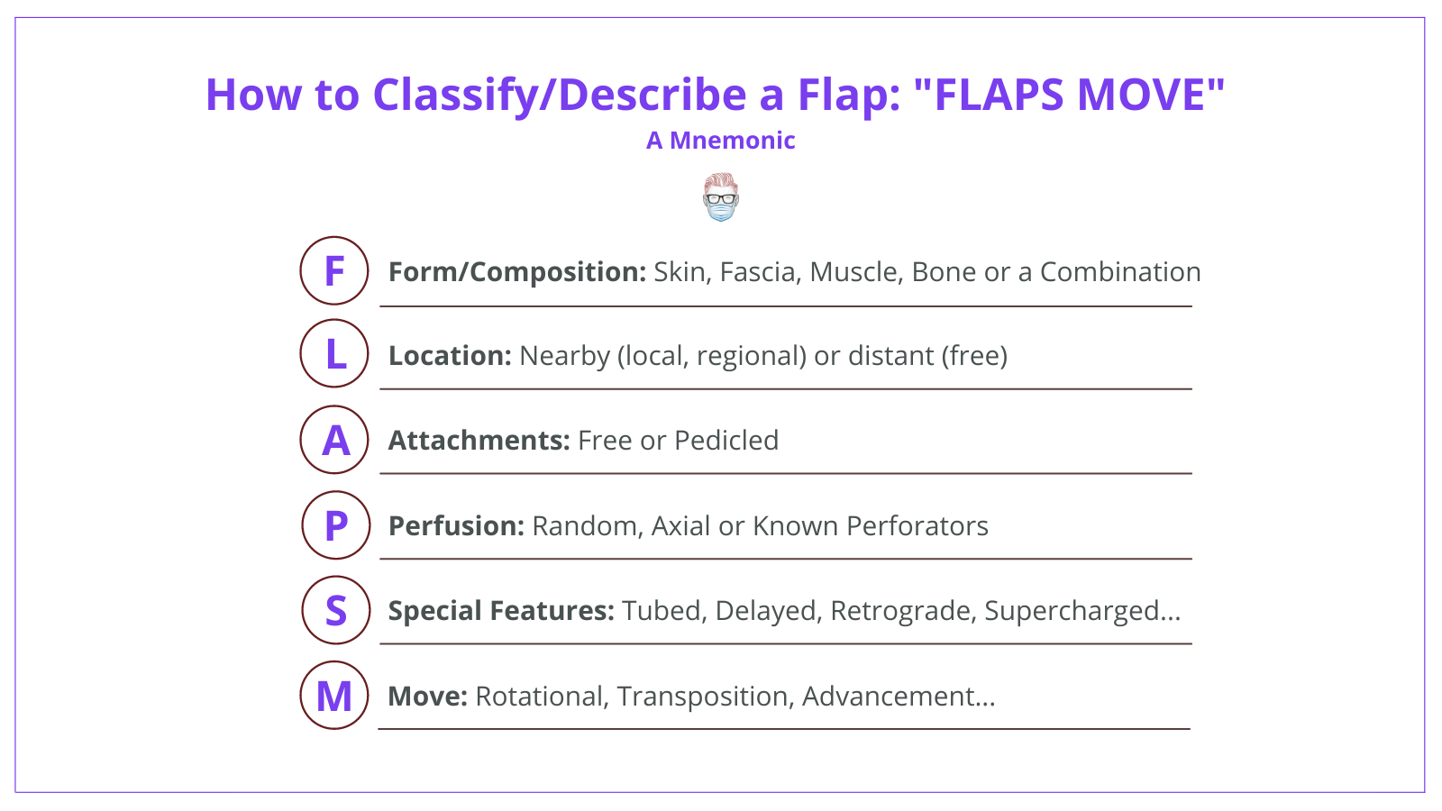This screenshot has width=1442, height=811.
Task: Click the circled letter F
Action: [334, 271]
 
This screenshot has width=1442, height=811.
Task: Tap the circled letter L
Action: [334, 354]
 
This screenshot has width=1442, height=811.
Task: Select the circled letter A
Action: [334, 440]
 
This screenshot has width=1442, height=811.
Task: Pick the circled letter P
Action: [335, 525]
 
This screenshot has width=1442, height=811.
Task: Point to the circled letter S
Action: [335, 611]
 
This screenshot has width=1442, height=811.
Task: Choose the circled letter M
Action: [334, 696]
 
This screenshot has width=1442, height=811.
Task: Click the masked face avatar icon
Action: [721, 198]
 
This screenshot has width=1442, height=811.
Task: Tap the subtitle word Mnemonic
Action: [732, 141]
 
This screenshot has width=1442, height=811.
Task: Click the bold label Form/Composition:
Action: [516, 272]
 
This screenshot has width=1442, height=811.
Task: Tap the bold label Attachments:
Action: [479, 441]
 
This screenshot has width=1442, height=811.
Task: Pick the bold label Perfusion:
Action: [456, 526]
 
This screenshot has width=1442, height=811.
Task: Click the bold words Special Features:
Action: [501, 611]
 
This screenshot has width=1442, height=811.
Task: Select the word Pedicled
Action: [726, 441]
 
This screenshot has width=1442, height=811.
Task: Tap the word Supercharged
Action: [1070, 611]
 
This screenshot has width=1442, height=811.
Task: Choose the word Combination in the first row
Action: [1119, 272]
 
